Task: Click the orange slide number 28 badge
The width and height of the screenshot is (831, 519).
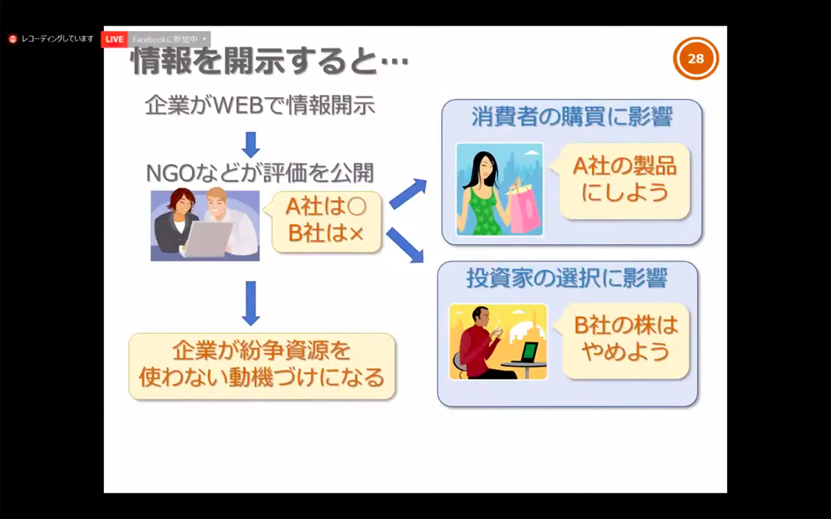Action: (696, 58)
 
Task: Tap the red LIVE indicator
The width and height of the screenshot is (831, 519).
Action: (114, 39)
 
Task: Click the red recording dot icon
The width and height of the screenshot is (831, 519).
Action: (13, 39)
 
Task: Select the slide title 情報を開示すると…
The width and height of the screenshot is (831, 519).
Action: (269, 61)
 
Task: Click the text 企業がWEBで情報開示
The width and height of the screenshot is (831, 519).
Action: (260, 105)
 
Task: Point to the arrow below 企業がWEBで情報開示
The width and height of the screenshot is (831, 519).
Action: (251, 145)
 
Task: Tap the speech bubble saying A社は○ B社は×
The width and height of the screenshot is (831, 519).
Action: (325, 221)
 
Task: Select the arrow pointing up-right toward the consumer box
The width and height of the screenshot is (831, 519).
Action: (408, 194)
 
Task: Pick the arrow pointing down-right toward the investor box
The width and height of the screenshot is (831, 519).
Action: (405, 246)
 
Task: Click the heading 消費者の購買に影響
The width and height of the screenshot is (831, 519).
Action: (572, 116)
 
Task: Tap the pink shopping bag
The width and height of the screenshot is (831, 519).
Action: (525, 208)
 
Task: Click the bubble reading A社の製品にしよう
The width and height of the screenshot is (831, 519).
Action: (623, 181)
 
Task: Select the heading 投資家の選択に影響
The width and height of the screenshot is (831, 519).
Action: (567, 277)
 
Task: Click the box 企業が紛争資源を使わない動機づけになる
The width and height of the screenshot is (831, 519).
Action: (262, 366)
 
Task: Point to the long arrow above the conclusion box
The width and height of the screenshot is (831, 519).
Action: (251, 303)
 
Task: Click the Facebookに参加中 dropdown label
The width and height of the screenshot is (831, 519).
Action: (169, 39)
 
